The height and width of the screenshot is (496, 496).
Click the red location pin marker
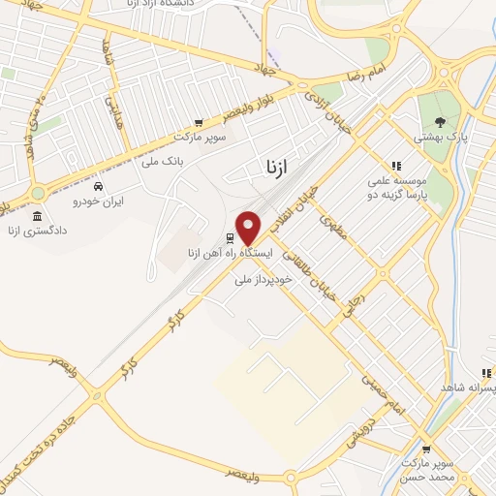click(x=249, y=227)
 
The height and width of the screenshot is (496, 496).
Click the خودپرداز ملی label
click(x=256, y=279)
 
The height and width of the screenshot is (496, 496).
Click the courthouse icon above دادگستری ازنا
click(x=37, y=215)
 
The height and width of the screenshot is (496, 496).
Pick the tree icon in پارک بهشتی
click(x=441, y=122)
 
